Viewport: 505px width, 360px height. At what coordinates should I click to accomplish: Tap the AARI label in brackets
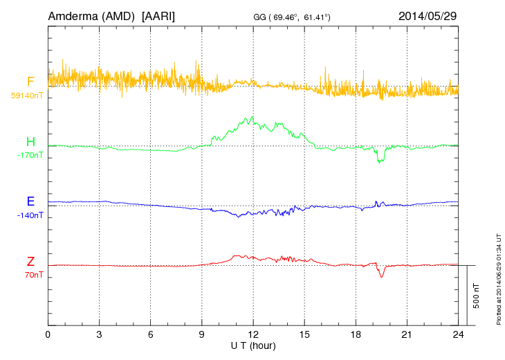[158, 15]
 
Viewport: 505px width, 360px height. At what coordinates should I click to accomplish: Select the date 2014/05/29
[428, 15]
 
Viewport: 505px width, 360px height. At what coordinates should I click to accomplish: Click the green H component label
[30, 143]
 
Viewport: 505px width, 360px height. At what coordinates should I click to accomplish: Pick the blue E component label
[30, 202]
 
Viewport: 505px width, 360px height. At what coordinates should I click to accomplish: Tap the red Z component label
[30, 262]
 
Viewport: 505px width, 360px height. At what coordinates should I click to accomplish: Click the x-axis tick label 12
[253, 334]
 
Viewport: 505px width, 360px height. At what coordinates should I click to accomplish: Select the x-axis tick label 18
[356, 334]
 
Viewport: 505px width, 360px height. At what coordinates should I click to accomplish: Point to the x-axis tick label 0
[48, 334]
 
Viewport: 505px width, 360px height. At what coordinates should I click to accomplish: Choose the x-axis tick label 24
[458, 334]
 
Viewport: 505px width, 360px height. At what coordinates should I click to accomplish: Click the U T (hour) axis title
[253, 345]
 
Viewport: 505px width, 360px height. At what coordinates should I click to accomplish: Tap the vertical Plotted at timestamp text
[498, 277]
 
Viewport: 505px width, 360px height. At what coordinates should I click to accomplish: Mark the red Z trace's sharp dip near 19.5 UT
[381, 276]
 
